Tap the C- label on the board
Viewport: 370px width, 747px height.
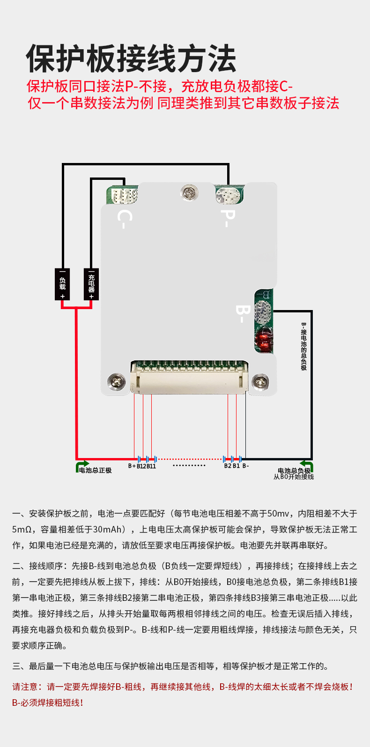[125, 219]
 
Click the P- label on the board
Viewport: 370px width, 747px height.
[228, 218]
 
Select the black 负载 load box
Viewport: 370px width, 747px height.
[62, 284]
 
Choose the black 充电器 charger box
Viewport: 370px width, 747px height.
[91, 284]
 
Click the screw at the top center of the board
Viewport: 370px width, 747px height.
[189, 192]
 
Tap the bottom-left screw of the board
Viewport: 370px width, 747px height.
[117, 381]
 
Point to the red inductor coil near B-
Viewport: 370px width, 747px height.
[264, 340]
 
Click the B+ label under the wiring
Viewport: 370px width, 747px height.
[132, 466]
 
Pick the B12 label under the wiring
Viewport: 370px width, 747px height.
[141, 466]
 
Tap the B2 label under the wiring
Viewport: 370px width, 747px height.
[228, 466]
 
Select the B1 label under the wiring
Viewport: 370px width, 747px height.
[236, 466]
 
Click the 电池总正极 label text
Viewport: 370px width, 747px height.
[96, 470]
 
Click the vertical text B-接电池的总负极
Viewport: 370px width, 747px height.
[303, 347]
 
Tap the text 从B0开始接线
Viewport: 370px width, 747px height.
[294, 477]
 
